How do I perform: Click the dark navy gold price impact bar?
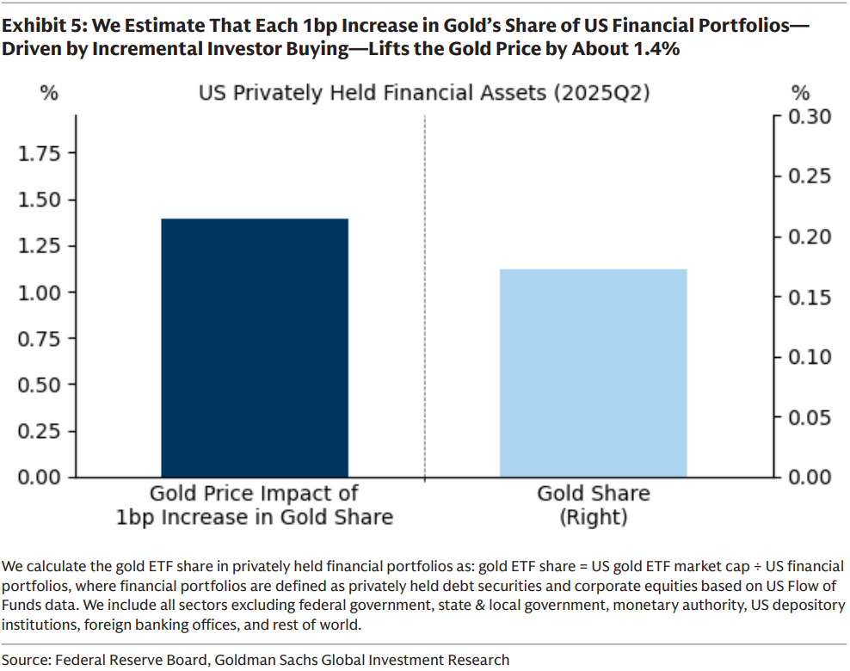click(255, 348)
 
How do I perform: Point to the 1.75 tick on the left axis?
click(40, 154)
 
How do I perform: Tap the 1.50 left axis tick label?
click(40, 200)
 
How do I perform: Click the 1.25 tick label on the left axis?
click(40, 246)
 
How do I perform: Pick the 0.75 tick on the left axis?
click(40, 338)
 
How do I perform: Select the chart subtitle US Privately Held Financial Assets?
click(424, 92)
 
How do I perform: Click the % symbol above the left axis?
click(49, 92)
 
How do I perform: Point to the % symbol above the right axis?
click(800, 92)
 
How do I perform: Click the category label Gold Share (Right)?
click(593, 505)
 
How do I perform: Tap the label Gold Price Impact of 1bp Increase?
click(255, 505)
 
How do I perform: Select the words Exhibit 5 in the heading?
click(38, 25)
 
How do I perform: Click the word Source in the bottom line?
click(25, 660)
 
